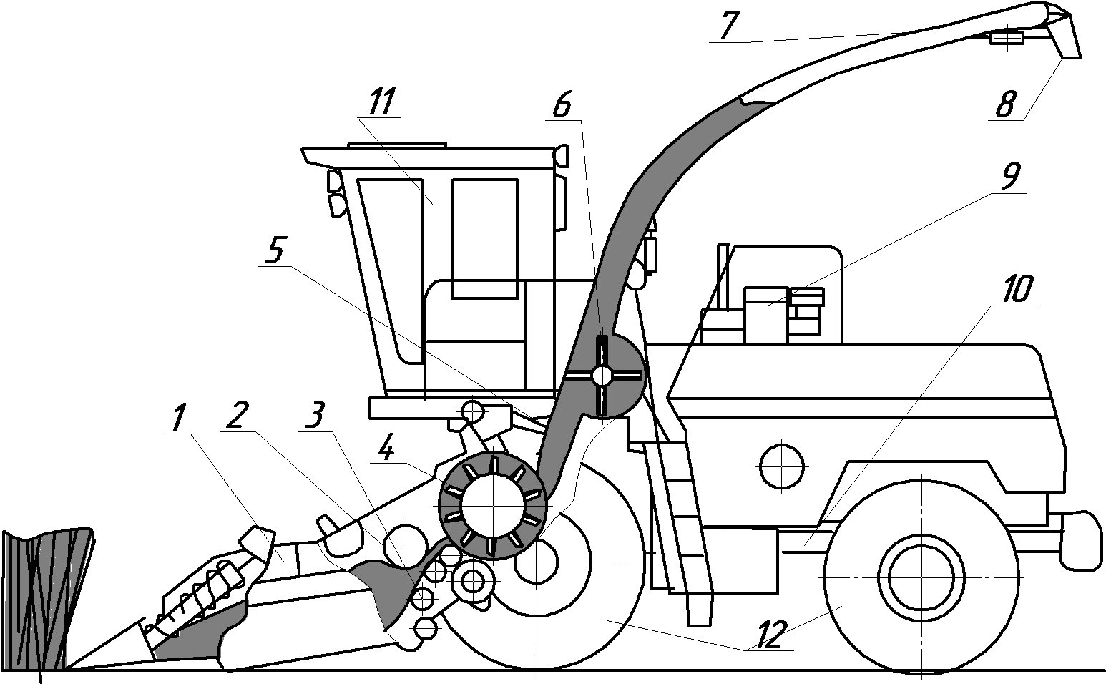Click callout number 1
coord(178,419)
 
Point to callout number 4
coord(386,451)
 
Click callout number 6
coord(561,107)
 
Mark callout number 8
coord(1005,106)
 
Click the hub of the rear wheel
coord(921,577)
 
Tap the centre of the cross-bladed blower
coord(603,375)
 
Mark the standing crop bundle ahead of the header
coord(46,597)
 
